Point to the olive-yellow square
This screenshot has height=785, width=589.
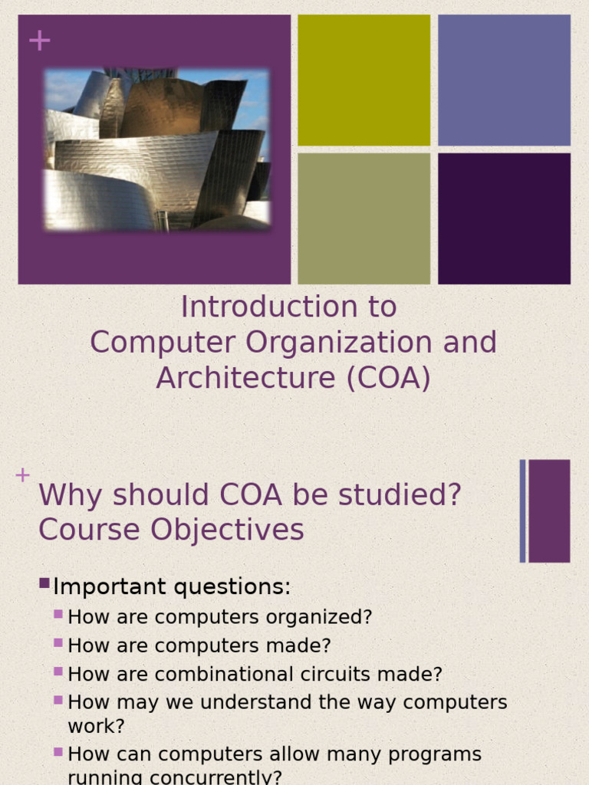click(x=364, y=80)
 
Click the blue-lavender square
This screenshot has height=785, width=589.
click(x=504, y=80)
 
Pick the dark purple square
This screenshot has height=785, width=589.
click(x=504, y=218)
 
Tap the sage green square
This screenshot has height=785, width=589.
click(x=364, y=218)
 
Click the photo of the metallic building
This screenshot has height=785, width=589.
click(x=157, y=149)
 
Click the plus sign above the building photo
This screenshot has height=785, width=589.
click(x=39, y=41)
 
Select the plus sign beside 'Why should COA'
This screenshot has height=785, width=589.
click(x=22, y=475)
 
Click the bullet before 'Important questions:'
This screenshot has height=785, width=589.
click(x=44, y=584)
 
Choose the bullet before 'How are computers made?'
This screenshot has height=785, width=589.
click(x=58, y=642)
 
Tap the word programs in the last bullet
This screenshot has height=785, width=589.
click(x=435, y=754)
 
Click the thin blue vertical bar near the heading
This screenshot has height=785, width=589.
click(x=522, y=511)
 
